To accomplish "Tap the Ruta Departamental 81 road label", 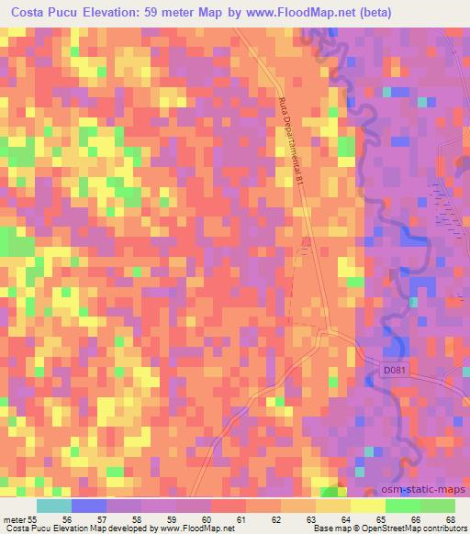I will [x=292, y=141].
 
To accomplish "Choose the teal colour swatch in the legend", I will [x=53, y=506].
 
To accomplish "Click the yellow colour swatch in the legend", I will [x=367, y=506].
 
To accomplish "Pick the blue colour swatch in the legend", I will [x=87, y=506].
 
